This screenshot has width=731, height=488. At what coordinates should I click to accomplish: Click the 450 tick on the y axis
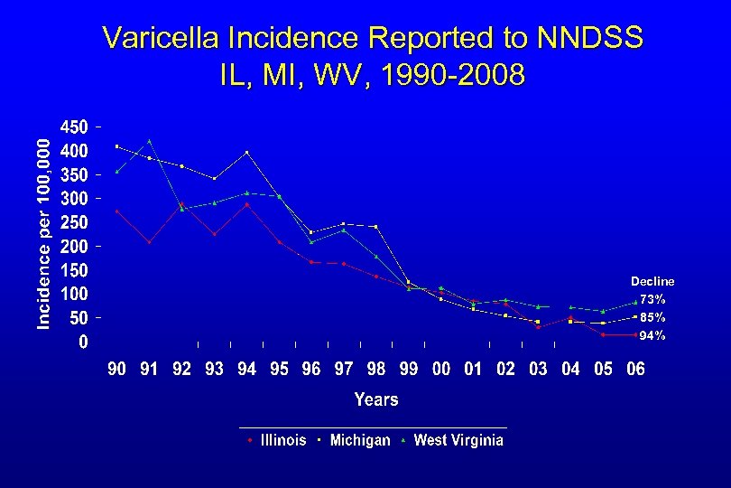[73, 127]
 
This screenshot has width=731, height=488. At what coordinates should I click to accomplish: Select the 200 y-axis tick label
[73, 246]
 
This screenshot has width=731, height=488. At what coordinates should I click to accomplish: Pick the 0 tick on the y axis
[83, 342]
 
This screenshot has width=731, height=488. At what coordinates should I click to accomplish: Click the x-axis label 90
[117, 369]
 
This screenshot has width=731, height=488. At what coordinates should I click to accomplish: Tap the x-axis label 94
[246, 369]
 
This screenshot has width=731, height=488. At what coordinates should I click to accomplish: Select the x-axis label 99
[409, 369]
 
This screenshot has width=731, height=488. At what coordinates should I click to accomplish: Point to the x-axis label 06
[635, 369]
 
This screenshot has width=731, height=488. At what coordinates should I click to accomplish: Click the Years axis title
[376, 399]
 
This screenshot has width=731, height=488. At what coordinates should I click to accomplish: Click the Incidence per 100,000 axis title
[43, 233]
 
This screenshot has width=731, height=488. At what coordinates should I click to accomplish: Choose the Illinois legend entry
[282, 440]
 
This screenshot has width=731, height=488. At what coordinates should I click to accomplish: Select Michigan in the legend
[359, 440]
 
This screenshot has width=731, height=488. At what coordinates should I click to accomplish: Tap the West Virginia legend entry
[458, 440]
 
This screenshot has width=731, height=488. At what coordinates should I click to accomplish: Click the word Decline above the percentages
[652, 281]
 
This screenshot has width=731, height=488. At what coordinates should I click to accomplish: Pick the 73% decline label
[652, 298]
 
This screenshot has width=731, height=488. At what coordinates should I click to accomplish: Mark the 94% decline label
[652, 335]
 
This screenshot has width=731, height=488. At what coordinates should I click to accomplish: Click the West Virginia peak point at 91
[150, 141]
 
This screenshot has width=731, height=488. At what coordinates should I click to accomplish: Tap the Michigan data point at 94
[246, 153]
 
